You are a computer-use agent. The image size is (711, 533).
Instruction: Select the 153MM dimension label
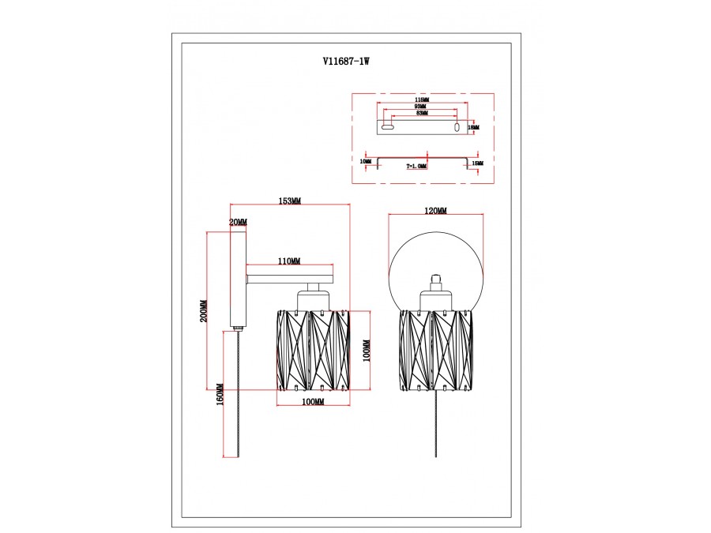coord(289,201)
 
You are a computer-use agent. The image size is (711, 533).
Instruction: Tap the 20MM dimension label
coord(238,223)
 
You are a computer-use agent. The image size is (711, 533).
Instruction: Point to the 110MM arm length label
coord(288,261)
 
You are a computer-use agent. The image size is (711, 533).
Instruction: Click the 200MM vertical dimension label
coord(203,311)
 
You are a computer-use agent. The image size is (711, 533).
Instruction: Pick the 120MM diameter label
coord(435,212)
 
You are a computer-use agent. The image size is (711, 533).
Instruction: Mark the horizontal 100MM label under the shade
coord(313,403)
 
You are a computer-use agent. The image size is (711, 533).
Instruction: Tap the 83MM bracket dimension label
coord(420,114)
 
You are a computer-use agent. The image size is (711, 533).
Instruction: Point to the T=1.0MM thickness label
coord(416,167)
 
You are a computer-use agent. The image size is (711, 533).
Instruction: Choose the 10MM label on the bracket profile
coord(365,162)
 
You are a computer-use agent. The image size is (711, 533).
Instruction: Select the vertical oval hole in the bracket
coord(457,126)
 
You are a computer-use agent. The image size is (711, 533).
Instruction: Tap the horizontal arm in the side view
coord(289,279)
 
